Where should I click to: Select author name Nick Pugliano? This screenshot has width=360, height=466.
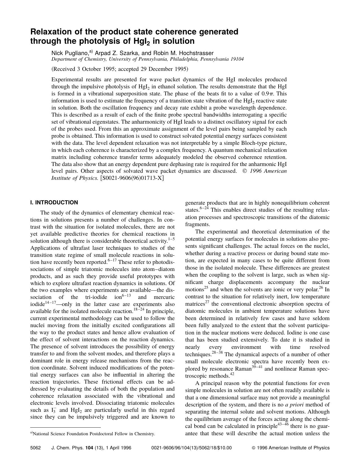[69, 53]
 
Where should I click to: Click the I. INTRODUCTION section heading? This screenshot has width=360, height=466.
[54, 202]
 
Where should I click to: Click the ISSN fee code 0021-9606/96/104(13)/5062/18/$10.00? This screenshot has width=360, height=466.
[191, 448]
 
